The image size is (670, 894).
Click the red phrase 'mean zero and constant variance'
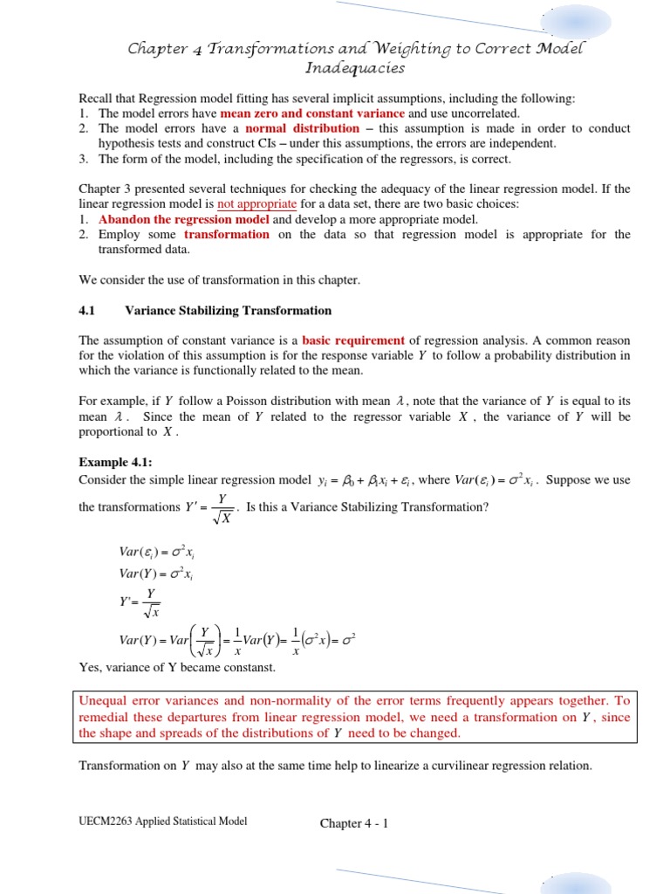tap(312, 113)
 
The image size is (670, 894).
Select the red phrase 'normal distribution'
tap(302, 128)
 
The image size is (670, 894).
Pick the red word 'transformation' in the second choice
tap(227, 234)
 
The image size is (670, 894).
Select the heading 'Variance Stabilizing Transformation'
tap(229, 310)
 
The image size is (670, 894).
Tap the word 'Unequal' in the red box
tap(103, 701)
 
